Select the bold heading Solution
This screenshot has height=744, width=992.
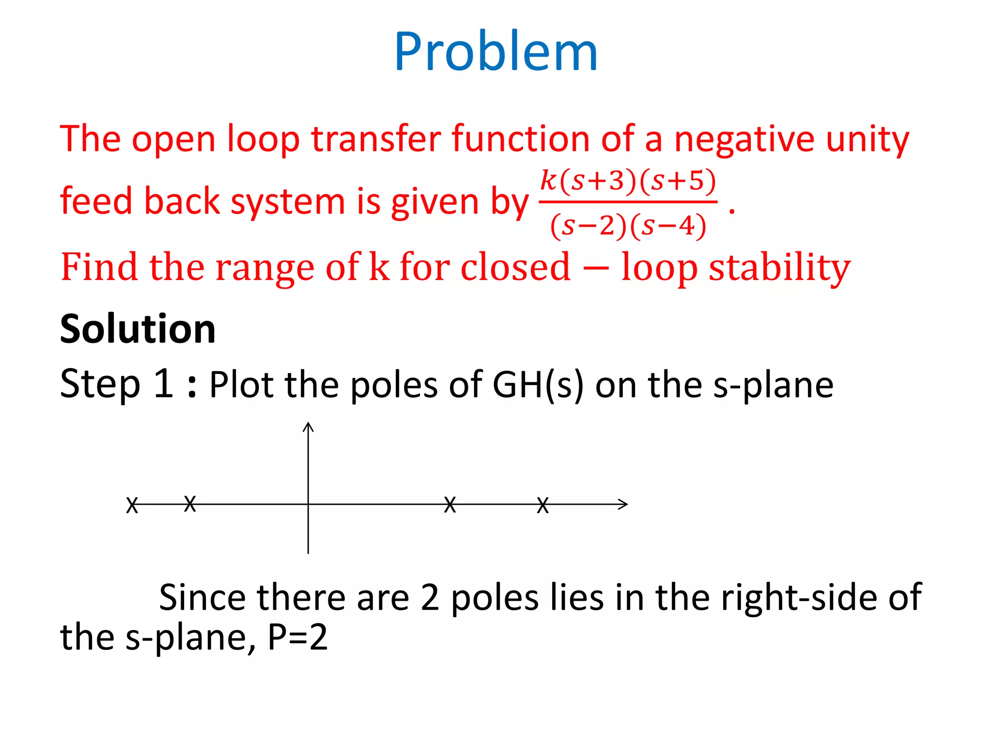[138, 329]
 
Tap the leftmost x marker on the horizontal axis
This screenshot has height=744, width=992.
[132, 505]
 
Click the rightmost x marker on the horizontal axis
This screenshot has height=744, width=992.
[543, 505]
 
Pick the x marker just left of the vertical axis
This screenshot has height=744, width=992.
[190, 504]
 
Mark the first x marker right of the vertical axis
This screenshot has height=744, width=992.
[450, 505]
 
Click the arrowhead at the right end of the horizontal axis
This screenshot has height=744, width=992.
[624, 504]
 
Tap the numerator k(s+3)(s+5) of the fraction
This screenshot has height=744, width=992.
[628, 181]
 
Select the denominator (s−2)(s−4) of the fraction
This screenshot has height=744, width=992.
[628, 226]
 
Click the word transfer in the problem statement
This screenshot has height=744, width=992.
[375, 139]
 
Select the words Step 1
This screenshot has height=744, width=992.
[116, 384]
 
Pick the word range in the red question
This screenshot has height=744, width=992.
[264, 267]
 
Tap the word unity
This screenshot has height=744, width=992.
[867, 139]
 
